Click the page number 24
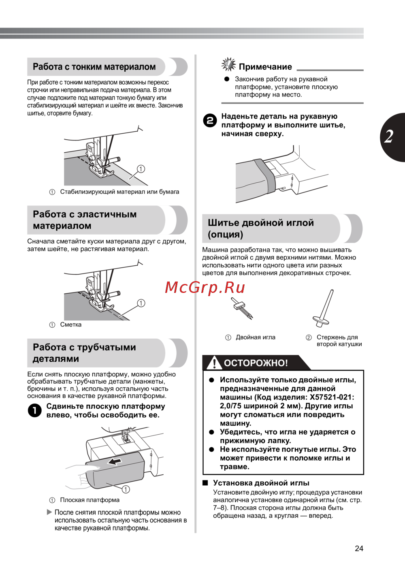pyautogui.click(x=359, y=548)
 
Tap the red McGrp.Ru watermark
pyautogui.click(x=205, y=288)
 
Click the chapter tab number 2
pyautogui.click(x=389, y=137)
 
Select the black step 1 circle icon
pyautogui.click(x=34, y=411)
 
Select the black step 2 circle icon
pyautogui.click(x=210, y=121)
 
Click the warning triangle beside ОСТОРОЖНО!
pyautogui.click(x=214, y=363)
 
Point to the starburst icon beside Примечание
pyautogui.click(x=228, y=64)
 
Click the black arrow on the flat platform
pyautogui.click(x=114, y=461)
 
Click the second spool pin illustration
pyautogui.click(x=323, y=308)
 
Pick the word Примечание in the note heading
pyautogui.click(x=265, y=67)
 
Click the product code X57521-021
pyautogui.click(x=332, y=397)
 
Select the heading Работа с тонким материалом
pyautogui.click(x=94, y=66)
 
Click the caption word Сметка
pyautogui.click(x=71, y=324)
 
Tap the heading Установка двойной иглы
pyautogui.click(x=261, y=483)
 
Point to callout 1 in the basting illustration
pyautogui.click(x=141, y=303)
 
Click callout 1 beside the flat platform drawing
pyautogui.click(x=126, y=489)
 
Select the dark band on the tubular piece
pyautogui.click(x=264, y=175)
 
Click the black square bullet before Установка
pyautogui.click(x=205, y=483)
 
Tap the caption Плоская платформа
pyautogui.click(x=90, y=500)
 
